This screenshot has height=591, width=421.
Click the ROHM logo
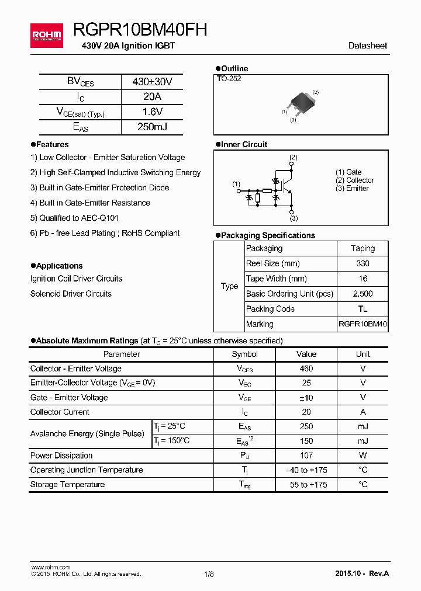click(47, 35)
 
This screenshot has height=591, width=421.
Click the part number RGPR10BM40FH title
click(140, 30)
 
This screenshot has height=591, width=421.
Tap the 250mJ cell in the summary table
click(152, 127)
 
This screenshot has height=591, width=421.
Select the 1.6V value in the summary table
click(152, 112)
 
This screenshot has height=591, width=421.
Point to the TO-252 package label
click(229, 78)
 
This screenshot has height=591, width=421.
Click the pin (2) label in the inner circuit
click(293, 157)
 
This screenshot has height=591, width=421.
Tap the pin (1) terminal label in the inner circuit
click(236, 184)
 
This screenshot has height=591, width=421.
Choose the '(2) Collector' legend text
click(354, 180)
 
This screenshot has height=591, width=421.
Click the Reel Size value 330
click(363, 263)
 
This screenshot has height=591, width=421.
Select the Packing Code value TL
click(363, 309)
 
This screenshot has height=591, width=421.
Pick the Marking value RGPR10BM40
click(363, 324)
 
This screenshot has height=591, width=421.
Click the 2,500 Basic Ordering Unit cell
click(363, 294)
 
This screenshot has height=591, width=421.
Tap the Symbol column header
click(244, 354)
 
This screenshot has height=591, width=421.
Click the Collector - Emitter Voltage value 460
click(306, 368)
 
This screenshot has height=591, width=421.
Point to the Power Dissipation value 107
click(306, 456)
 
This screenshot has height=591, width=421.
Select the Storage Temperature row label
click(68, 485)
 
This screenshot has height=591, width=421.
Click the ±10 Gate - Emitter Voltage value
click(306, 398)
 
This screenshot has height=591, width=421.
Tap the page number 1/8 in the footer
click(209, 574)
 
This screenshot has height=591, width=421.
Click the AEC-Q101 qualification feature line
click(74, 218)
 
